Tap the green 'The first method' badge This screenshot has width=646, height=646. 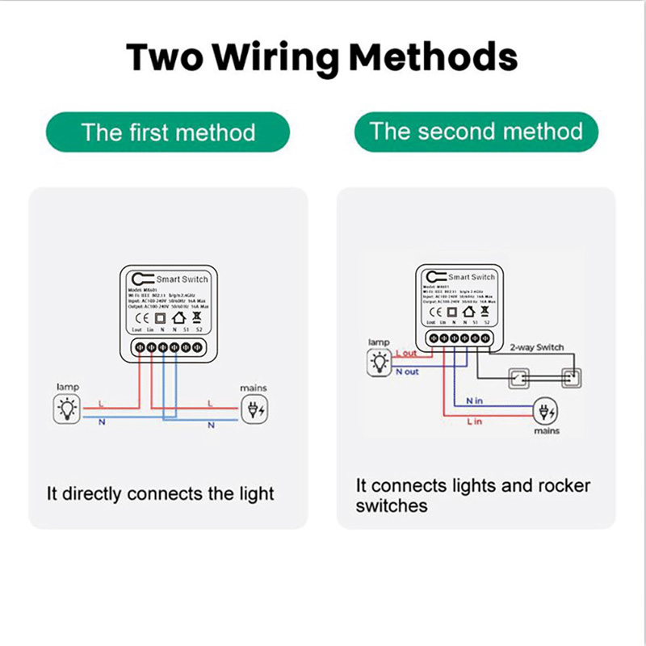168,132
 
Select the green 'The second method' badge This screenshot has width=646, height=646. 476,131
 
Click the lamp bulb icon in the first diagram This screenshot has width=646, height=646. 67,410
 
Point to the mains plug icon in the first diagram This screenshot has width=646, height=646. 254,410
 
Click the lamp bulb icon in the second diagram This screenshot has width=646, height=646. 378,364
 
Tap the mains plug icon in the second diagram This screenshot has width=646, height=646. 547,413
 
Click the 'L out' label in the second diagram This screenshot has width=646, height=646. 407,354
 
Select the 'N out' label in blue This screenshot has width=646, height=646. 407,372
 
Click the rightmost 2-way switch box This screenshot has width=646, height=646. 570,376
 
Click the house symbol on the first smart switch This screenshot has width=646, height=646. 178,318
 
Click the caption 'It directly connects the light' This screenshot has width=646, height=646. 160,493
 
